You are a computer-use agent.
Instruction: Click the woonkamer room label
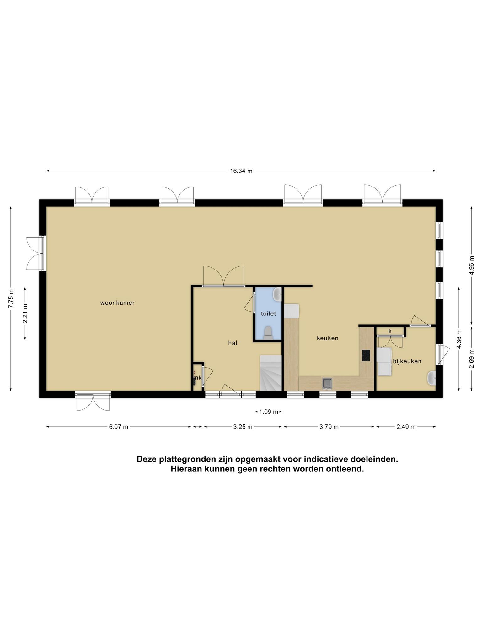click(x=117, y=303)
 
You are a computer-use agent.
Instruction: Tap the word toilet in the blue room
click(x=268, y=313)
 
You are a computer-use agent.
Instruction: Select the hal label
click(x=233, y=343)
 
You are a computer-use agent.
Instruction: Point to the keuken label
click(x=328, y=338)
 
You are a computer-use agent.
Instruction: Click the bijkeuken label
click(x=407, y=361)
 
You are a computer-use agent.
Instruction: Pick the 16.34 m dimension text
click(x=241, y=171)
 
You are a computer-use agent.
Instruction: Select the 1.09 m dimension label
click(x=269, y=412)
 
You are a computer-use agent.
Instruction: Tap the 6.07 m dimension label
click(x=119, y=427)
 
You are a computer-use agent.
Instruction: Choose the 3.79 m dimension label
click(x=329, y=427)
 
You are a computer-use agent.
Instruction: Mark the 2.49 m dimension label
click(x=406, y=427)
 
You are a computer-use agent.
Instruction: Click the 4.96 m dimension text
click(x=472, y=265)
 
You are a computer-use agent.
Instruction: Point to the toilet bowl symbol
click(x=268, y=333)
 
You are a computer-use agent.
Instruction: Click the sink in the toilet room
click(x=277, y=294)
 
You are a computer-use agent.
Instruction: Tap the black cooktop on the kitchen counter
click(x=366, y=355)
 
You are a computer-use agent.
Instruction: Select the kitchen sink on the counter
click(x=327, y=383)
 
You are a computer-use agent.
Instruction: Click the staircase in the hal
click(x=271, y=373)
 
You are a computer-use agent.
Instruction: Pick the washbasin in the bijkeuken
click(x=431, y=378)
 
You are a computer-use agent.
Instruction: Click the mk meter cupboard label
click(x=197, y=378)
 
